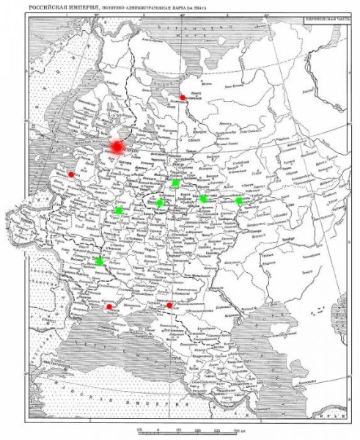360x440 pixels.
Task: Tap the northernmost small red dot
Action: (183, 98)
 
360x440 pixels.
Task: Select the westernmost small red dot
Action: (70, 175)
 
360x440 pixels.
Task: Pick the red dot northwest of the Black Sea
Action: (109, 307)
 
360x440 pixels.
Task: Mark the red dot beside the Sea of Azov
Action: (169, 305)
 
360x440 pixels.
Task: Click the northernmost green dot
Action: (175, 183)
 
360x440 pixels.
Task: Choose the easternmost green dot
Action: (238, 200)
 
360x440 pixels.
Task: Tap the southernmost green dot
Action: (99, 261)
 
